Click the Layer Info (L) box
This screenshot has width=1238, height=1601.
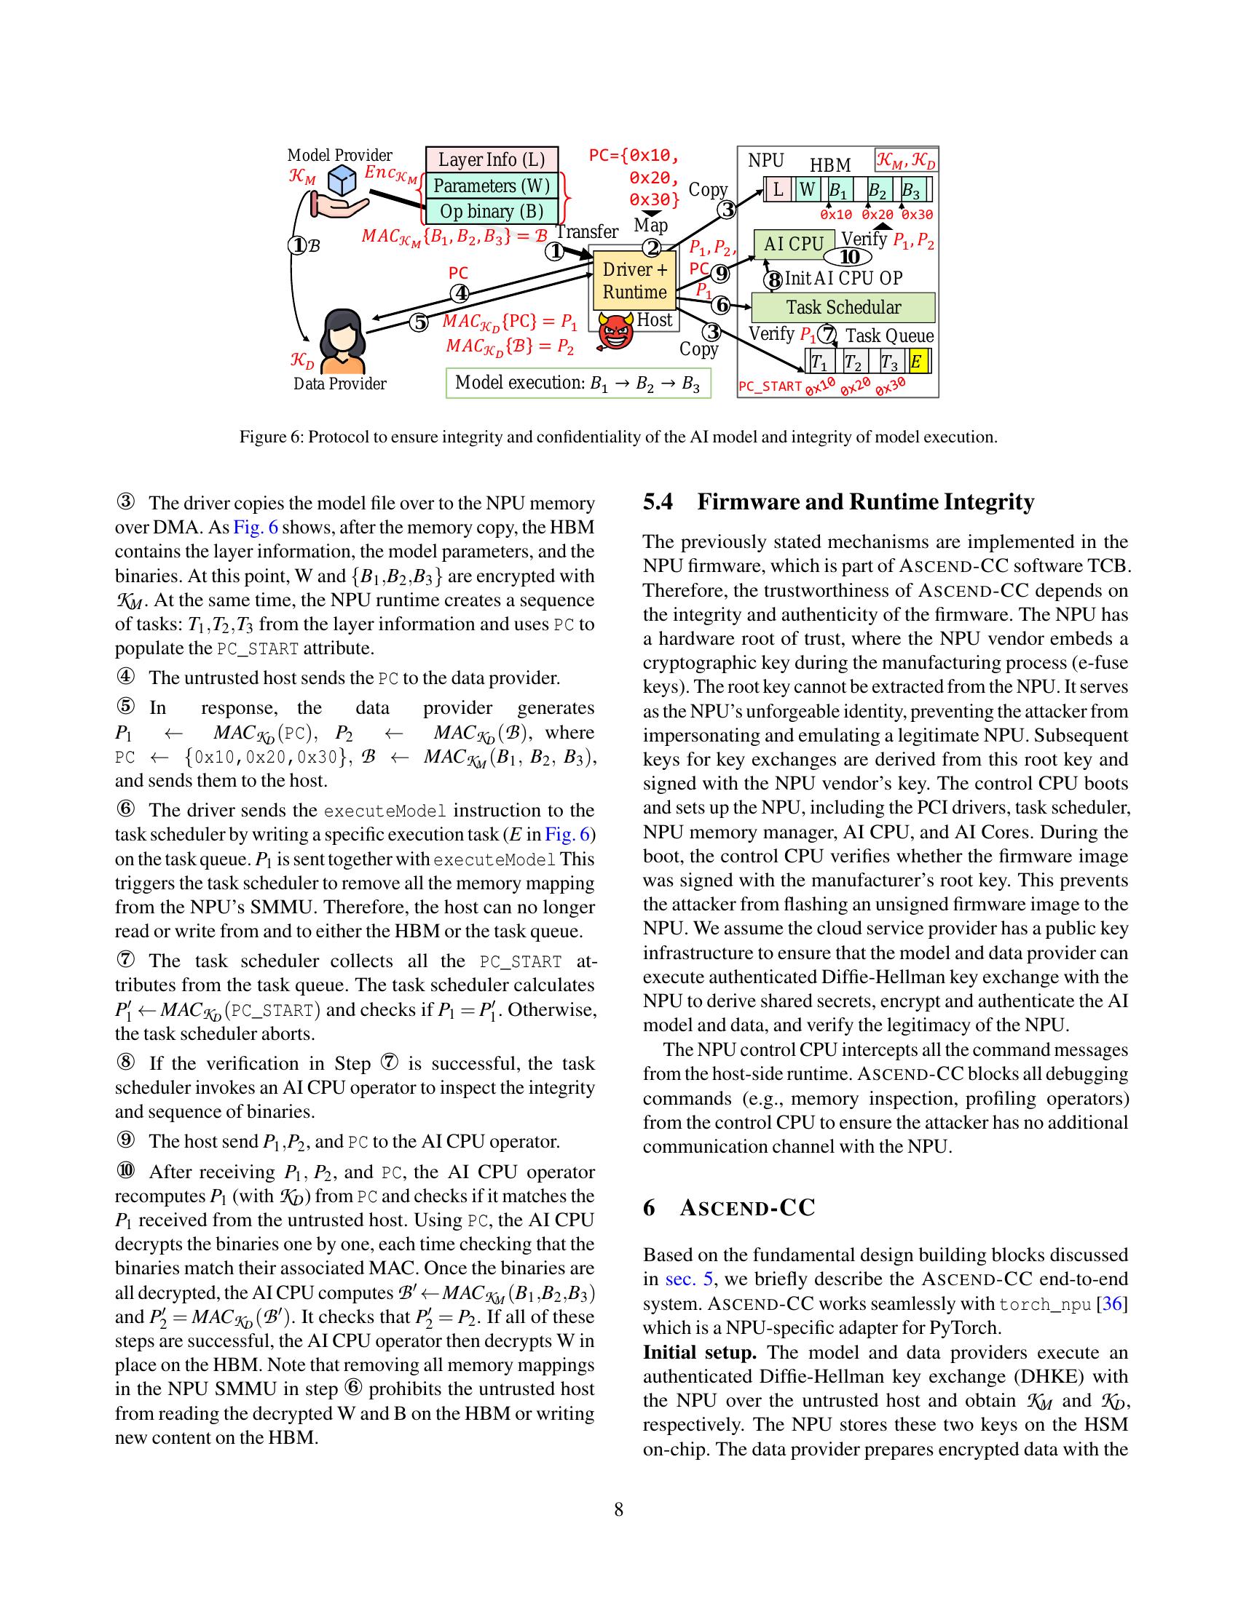click(x=492, y=159)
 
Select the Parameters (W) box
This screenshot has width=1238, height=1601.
click(x=492, y=186)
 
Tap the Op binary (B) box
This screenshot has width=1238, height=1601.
click(x=492, y=211)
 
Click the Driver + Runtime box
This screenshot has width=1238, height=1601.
click(x=634, y=281)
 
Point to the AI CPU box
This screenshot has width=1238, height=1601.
click(x=794, y=244)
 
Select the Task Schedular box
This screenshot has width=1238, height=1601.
click(x=843, y=307)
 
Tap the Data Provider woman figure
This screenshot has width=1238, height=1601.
click(x=343, y=341)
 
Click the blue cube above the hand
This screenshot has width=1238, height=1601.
click(x=342, y=180)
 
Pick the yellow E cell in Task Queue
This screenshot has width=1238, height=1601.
click(x=917, y=362)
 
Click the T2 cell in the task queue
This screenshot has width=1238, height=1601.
click(x=853, y=362)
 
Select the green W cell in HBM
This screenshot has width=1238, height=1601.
click(x=807, y=190)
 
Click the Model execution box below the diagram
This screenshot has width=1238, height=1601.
click(x=578, y=384)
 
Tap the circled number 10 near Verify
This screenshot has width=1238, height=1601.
click(x=848, y=257)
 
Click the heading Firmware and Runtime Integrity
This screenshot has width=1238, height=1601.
click(x=865, y=502)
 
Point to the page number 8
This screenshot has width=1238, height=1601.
click(x=618, y=1509)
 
